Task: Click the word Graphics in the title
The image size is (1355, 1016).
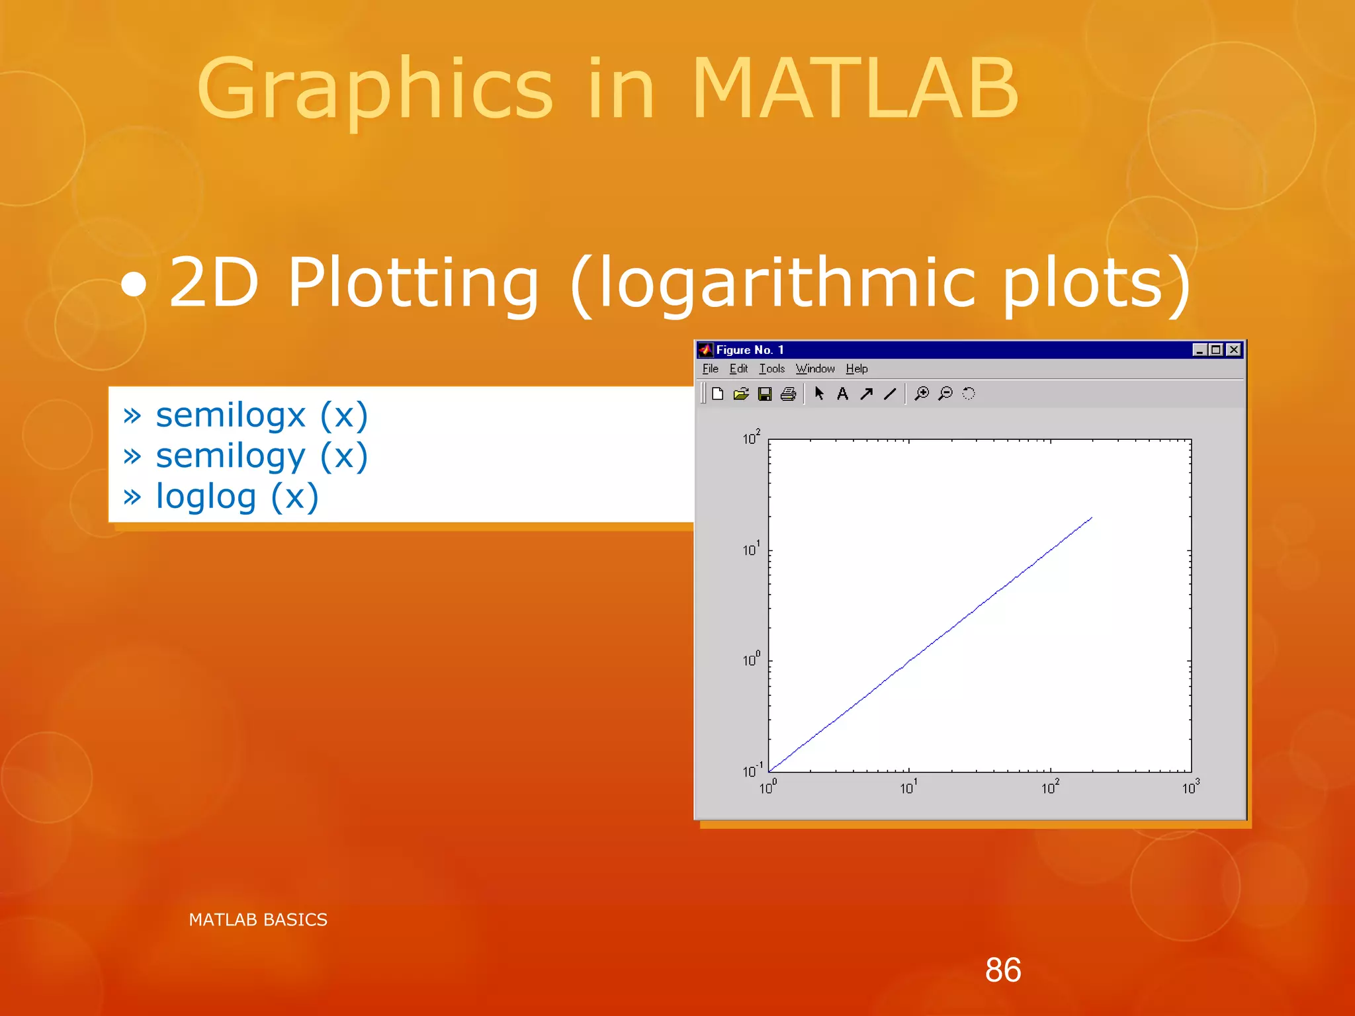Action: [374, 89]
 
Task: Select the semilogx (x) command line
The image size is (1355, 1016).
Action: [261, 415]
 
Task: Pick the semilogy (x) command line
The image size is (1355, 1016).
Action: [261, 456]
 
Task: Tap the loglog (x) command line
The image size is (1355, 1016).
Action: [237, 497]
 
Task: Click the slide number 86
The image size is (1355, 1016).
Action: [1002, 970]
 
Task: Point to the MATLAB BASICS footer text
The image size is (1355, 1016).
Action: [258, 919]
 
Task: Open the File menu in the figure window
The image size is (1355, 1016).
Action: [710, 369]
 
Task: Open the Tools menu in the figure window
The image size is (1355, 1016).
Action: [771, 369]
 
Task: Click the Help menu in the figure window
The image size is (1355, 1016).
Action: [856, 369]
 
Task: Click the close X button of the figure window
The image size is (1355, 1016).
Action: [1233, 350]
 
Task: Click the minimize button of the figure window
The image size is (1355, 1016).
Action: [1199, 350]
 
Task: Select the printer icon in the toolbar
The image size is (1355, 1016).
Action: [788, 394]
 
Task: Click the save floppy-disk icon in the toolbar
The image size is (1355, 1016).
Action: [765, 394]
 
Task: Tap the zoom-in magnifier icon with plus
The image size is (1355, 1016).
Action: [921, 394]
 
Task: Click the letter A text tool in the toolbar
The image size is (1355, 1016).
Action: [842, 394]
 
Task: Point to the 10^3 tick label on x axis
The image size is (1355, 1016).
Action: [1190, 787]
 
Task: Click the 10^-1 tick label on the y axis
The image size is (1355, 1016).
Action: [752, 771]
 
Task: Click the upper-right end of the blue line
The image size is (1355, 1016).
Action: [1091, 518]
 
